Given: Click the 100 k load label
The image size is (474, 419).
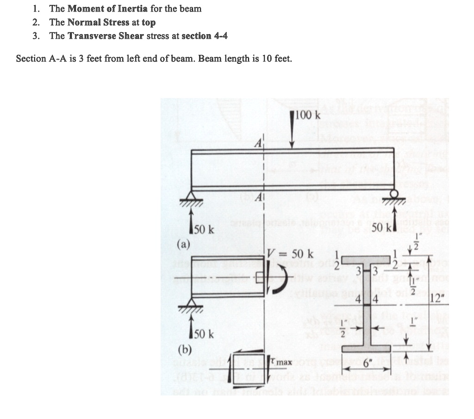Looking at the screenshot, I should tap(308, 115).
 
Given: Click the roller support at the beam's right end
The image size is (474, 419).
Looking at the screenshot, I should tap(394, 194).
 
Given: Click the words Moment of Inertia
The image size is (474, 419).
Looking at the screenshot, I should tap(108, 9).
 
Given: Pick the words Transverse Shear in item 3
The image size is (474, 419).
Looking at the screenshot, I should tap(106, 36).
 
